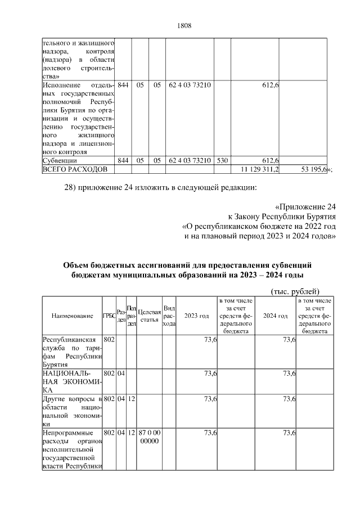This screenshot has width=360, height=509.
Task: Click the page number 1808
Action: pyautogui.click(x=185, y=25)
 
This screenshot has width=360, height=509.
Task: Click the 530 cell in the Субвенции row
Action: pyautogui.click(x=222, y=161)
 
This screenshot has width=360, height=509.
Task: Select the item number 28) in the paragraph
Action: pyautogui.click(x=71, y=187)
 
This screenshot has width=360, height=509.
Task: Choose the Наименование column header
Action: pyautogui.click(x=72, y=316)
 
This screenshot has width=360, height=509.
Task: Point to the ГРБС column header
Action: pyautogui.click(x=109, y=316)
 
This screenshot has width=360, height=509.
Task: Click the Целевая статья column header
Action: pyautogui.click(x=149, y=316)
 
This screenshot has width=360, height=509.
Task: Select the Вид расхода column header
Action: pyautogui.click(x=169, y=316)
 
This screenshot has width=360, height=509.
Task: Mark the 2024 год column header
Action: pyautogui.click(x=276, y=316)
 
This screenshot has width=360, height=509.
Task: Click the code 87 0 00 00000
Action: pyautogui.click(x=149, y=437)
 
